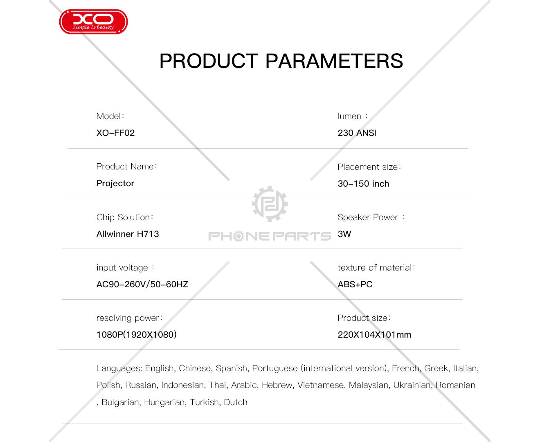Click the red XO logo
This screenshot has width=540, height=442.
(93, 22)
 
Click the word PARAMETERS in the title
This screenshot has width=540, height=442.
(334, 61)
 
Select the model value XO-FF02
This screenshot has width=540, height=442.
(115, 133)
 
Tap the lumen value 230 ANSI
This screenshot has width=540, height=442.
(357, 133)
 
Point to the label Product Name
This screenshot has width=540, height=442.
(126, 167)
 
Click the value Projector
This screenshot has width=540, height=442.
(115, 183)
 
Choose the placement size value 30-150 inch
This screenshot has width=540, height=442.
(363, 183)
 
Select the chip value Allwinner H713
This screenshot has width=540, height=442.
(128, 234)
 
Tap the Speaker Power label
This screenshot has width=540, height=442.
(371, 217)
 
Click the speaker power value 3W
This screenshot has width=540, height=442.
(344, 234)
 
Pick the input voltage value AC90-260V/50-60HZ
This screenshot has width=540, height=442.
(142, 284)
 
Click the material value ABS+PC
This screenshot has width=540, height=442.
(355, 284)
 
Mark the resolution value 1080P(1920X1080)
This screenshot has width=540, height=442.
(137, 334)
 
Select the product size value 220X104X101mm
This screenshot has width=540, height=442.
(375, 334)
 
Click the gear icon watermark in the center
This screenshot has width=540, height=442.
(270, 204)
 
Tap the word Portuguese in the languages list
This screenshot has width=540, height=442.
(275, 368)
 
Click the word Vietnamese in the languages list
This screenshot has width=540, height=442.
(320, 385)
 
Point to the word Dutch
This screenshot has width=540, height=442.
(236, 402)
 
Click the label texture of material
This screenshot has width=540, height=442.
(376, 268)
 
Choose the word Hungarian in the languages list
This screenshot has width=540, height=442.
(164, 402)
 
